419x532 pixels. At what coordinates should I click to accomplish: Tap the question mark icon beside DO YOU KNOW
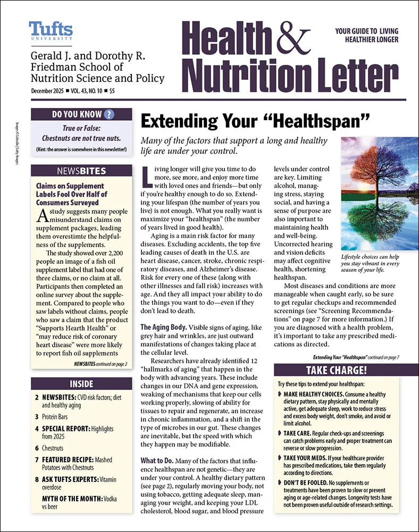[109, 114]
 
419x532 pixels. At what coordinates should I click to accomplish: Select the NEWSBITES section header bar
[81, 171]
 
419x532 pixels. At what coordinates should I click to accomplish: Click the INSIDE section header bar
[81, 384]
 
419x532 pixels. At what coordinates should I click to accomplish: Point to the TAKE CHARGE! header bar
[336, 370]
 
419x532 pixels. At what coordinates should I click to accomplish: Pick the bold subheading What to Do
[158, 460]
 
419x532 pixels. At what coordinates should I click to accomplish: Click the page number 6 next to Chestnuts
[37, 447]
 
